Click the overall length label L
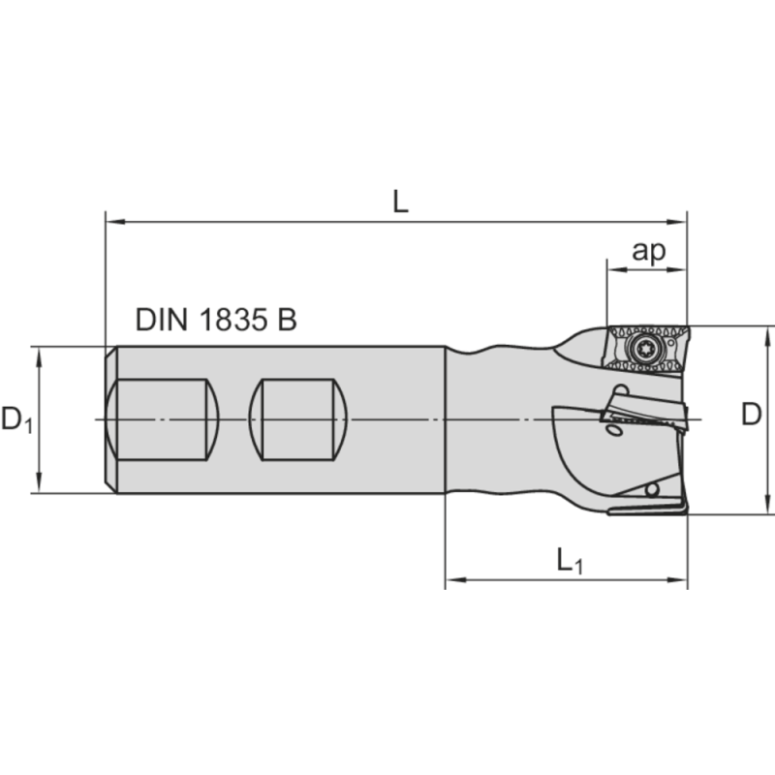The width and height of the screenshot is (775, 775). click(x=400, y=201)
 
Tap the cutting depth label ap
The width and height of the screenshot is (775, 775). click(x=648, y=251)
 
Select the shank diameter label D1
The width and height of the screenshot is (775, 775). click(x=16, y=419)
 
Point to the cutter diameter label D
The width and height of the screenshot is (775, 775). click(x=751, y=415)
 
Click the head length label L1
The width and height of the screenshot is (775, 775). click(x=569, y=561)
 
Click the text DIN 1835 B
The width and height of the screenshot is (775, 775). click(x=216, y=321)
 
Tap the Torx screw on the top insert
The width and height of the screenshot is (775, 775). click(x=640, y=350)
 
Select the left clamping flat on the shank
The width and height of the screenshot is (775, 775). click(x=162, y=419)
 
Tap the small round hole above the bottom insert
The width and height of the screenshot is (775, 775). click(x=654, y=488)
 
